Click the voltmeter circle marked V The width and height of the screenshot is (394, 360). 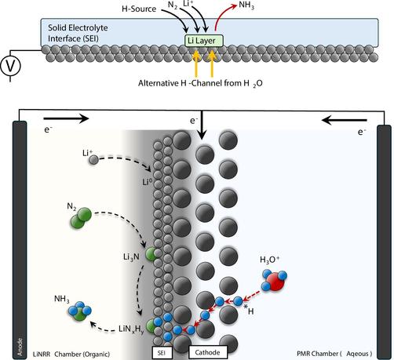tap(10, 66)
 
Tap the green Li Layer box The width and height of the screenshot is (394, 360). tap(204, 41)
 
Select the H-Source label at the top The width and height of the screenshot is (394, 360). tap(139, 9)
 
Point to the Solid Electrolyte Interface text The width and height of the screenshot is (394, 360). tap(78, 33)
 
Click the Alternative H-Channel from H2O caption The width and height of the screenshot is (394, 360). tap(200, 83)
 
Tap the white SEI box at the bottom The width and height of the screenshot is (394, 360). tap(162, 353)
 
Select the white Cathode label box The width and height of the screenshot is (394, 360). tap(208, 352)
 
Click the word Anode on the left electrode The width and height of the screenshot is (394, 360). tap(20, 347)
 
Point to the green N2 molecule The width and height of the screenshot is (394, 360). tap(81, 218)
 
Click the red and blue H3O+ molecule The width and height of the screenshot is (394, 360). tap(275, 281)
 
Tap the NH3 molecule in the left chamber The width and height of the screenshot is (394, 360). tap(80, 311)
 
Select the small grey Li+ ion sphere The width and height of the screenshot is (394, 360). tap(93, 159)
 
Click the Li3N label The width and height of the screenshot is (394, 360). tap(131, 257)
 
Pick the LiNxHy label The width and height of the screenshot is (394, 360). tap(131, 329)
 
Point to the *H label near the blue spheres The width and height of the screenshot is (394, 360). tap(249, 310)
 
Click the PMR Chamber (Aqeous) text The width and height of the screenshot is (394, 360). tap(334, 354)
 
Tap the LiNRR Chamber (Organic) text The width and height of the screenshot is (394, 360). tap(71, 355)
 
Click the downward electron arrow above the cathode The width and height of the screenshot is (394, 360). tap(202, 125)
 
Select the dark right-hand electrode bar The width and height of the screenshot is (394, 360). tap(384, 242)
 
